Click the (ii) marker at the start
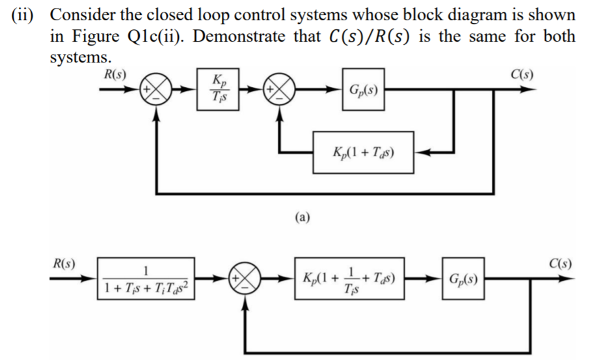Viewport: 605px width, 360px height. tap(25, 14)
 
